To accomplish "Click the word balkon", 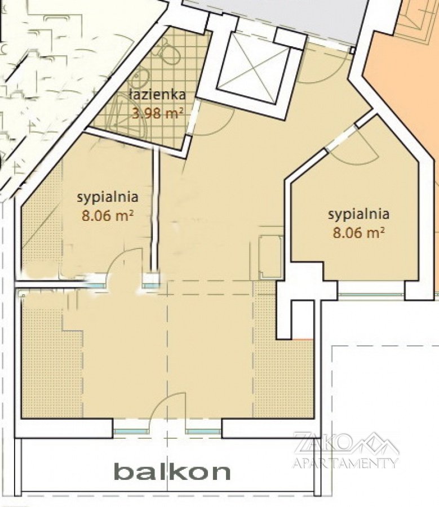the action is click(172, 473).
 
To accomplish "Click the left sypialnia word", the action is click(108, 197).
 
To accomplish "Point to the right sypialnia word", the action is click(358, 215).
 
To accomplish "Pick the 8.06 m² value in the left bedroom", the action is click(108, 215).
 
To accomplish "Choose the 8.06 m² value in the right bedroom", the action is click(359, 232).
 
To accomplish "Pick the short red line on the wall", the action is click(302, 340).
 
